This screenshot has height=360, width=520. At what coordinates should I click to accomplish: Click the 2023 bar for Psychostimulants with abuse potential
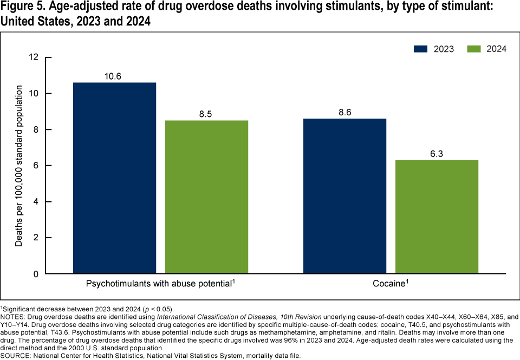click(114, 178)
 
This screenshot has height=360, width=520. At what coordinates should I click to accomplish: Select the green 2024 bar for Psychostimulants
click(206, 197)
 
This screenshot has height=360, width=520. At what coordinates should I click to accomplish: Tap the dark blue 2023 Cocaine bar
click(344, 196)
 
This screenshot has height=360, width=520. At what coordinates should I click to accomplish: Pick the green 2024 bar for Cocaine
click(437, 217)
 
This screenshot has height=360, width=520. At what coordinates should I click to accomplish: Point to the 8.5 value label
click(206, 114)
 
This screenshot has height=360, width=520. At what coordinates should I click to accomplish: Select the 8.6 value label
click(344, 113)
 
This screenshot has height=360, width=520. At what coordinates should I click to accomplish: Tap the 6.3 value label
click(437, 154)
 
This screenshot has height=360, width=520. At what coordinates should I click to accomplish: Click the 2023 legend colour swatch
click(421, 49)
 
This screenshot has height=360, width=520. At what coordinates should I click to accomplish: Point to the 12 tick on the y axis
click(34, 57)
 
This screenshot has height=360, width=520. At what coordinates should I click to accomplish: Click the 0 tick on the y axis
click(36, 274)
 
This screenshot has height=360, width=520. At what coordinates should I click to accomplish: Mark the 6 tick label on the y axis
click(36, 166)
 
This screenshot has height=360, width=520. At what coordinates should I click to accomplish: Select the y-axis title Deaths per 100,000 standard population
click(19, 166)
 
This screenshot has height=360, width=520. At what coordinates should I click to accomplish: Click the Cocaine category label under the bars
click(390, 283)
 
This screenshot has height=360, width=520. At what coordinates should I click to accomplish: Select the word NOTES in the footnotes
click(14, 315)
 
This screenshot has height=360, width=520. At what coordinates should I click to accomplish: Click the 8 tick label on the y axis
click(36, 129)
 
